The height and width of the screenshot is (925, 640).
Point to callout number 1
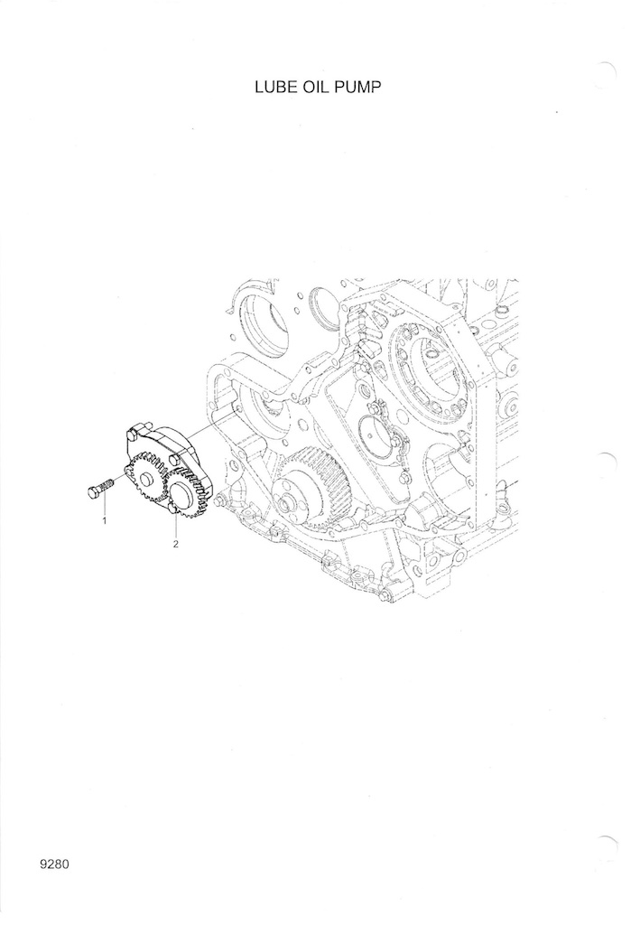point(105,521)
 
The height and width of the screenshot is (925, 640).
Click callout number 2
point(176,545)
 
